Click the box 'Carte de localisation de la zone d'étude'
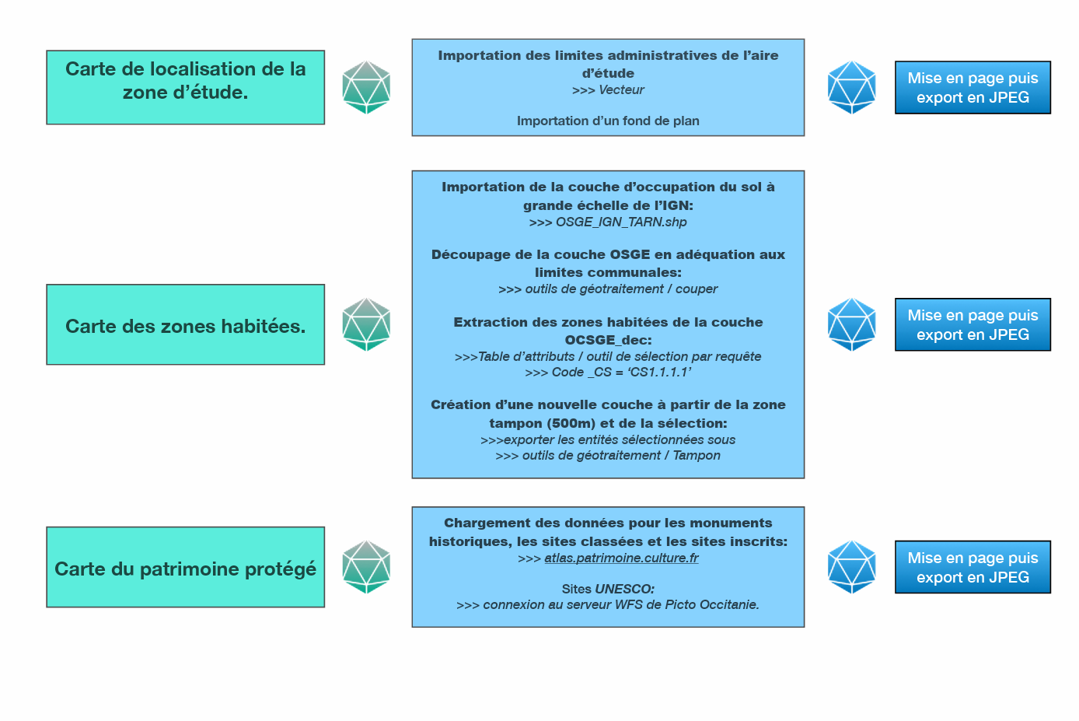coord(185,87)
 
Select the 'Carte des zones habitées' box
coord(185,324)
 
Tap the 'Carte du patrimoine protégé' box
coord(185,567)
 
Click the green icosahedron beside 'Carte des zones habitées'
coord(366,324)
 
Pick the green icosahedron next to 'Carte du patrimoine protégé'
coord(366,567)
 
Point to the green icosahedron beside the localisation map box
coord(366,87)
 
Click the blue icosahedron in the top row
coord(852,87)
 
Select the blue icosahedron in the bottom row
coord(852,567)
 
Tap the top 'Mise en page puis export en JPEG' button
coord(972,87)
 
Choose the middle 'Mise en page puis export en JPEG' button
coord(972,324)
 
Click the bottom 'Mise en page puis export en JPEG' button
coord(972,567)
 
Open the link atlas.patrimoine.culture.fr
coord(621,558)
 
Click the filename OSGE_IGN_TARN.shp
coord(621,222)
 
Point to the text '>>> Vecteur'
coord(608,90)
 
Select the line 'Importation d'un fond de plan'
coord(608,121)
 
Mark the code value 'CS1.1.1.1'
coord(660,373)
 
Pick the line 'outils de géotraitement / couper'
coord(608,289)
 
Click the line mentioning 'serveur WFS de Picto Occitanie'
coord(608,605)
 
